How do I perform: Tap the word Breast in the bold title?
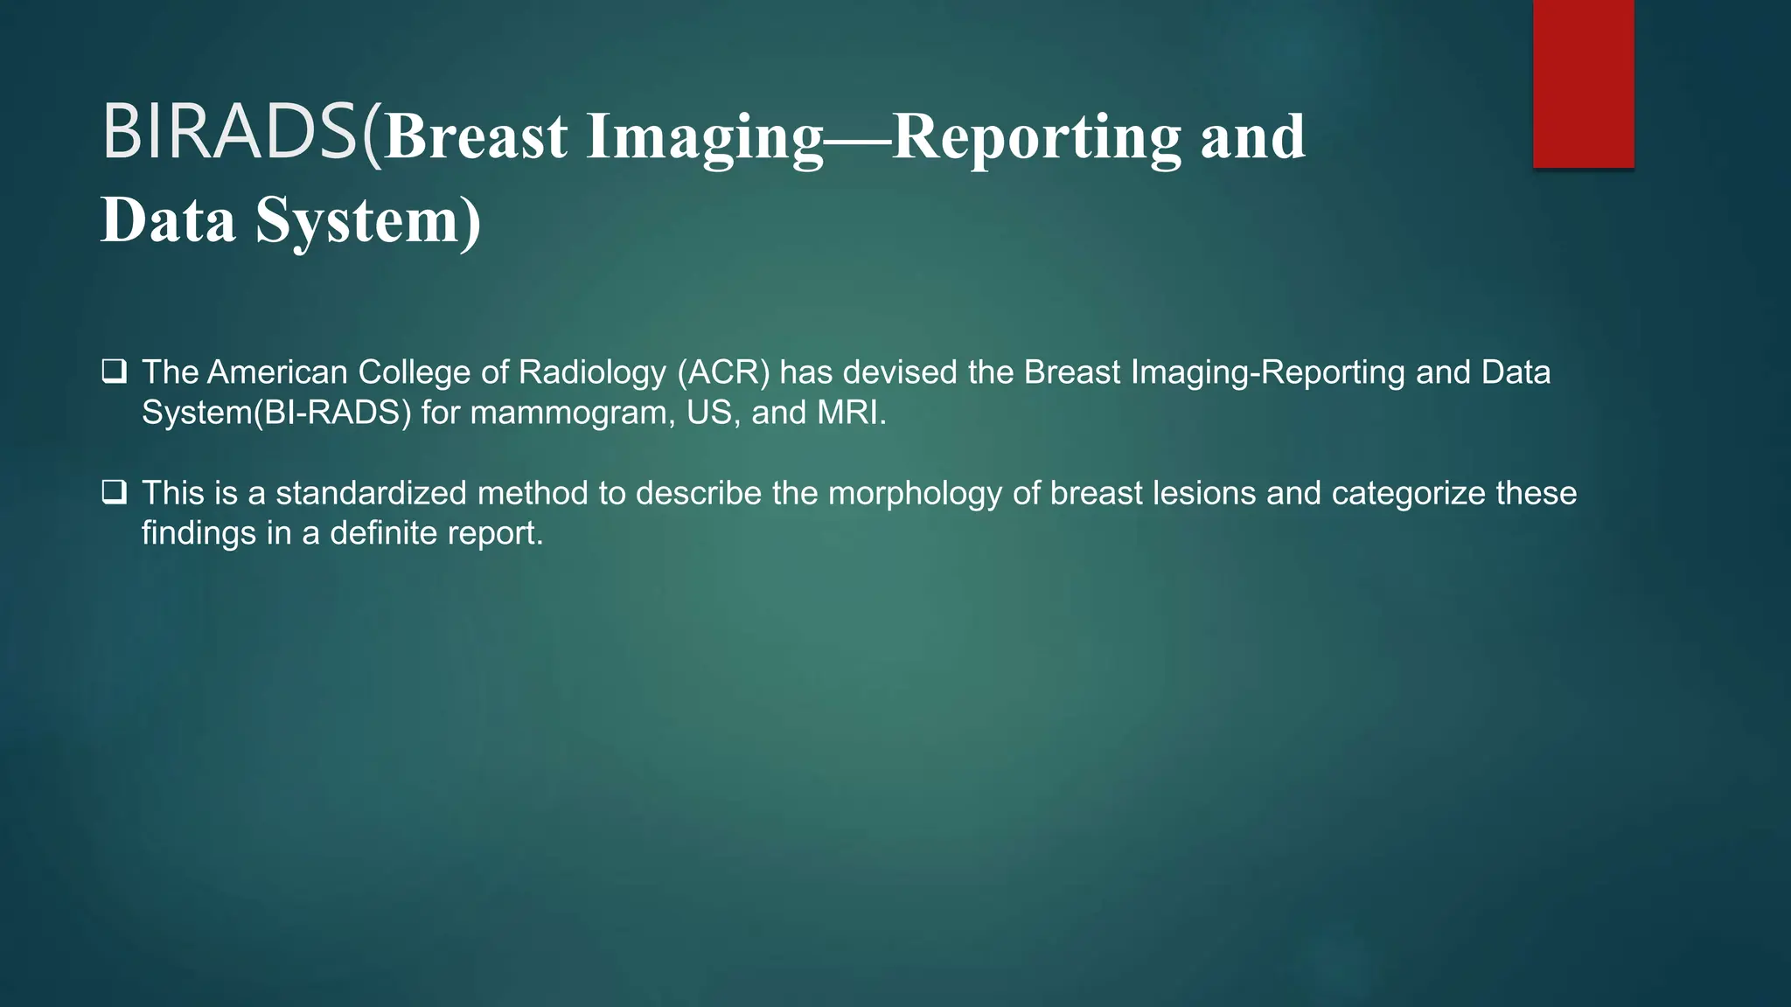click(x=477, y=137)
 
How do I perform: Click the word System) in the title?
click(x=368, y=220)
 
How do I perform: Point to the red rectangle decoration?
click(x=1583, y=83)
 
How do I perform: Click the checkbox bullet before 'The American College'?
click(x=114, y=372)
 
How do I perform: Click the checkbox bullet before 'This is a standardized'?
click(x=114, y=493)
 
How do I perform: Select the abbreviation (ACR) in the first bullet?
click(x=723, y=372)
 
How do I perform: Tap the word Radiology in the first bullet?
click(x=593, y=372)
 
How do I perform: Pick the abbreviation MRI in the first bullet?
click(x=850, y=413)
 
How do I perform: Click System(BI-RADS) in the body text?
click(x=276, y=413)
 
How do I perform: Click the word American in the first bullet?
click(x=277, y=372)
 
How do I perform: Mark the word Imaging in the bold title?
click(x=705, y=139)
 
